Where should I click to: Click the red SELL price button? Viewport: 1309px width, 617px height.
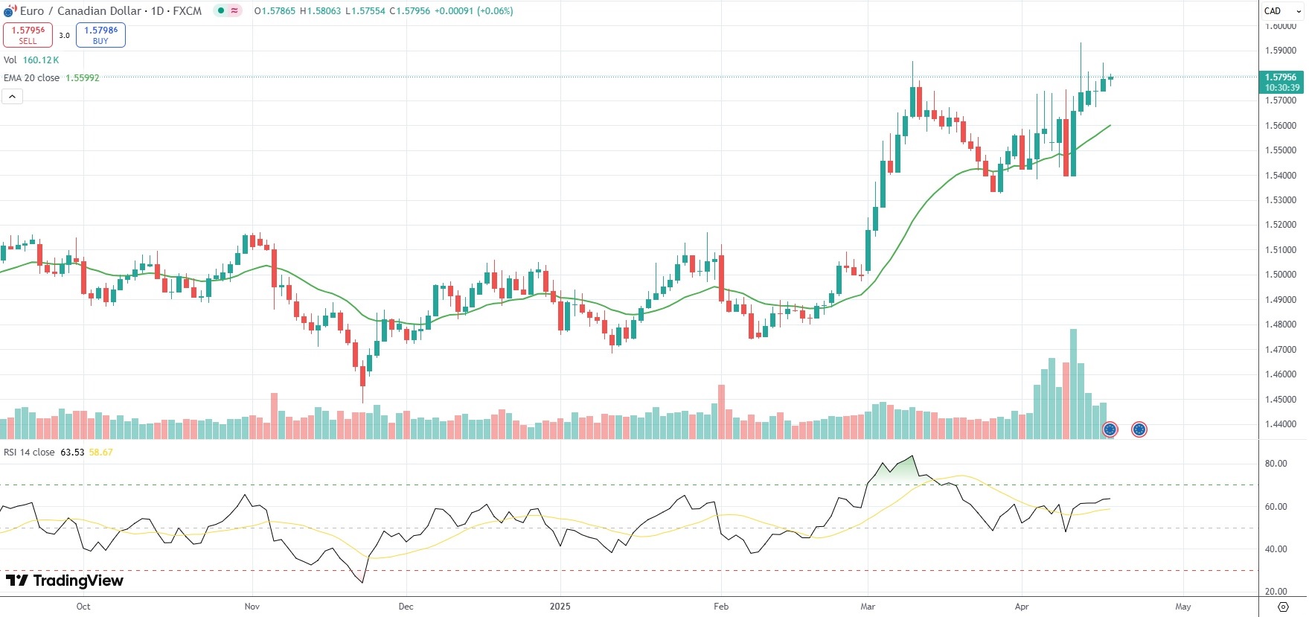pyautogui.click(x=28, y=35)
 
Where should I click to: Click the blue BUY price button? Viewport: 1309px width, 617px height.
pyautogui.click(x=100, y=35)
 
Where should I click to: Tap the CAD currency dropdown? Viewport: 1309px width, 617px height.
pyautogui.click(x=1282, y=11)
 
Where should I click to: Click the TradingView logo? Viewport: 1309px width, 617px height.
pyautogui.click(x=65, y=581)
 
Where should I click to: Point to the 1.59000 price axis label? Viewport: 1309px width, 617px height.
pyautogui.click(x=1280, y=51)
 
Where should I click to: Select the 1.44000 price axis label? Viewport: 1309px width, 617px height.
pyautogui.click(x=1280, y=424)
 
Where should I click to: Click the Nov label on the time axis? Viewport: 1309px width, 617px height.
pyautogui.click(x=252, y=607)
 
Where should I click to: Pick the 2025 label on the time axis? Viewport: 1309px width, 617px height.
pyautogui.click(x=560, y=607)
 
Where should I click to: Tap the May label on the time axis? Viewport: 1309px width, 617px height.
pyautogui.click(x=1182, y=607)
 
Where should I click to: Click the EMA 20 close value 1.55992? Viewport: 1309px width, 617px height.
pyautogui.click(x=82, y=78)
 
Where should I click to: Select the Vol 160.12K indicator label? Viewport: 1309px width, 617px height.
pyautogui.click(x=31, y=60)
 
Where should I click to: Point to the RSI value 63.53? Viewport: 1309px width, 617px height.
pyautogui.click(x=72, y=453)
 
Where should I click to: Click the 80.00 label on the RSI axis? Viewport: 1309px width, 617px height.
pyautogui.click(x=1276, y=464)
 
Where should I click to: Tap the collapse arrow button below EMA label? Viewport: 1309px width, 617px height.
pyautogui.click(x=12, y=97)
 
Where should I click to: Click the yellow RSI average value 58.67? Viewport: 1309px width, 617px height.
pyautogui.click(x=100, y=453)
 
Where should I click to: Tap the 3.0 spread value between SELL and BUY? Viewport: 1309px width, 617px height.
pyautogui.click(x=65, y=35)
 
